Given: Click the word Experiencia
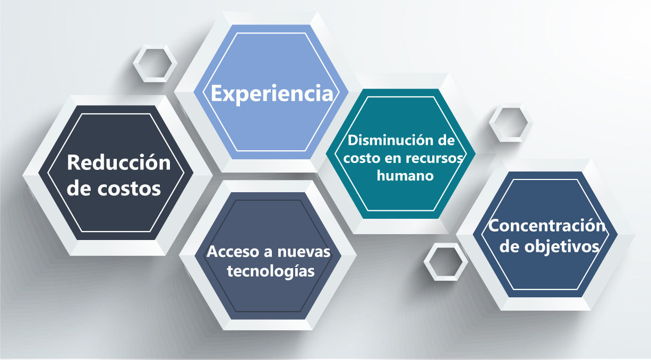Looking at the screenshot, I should tap(272, 93).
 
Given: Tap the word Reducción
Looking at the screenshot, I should tap(119, 162).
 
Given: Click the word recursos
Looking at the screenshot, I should tap(439, 158).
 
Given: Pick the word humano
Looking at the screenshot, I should tap(405, 176).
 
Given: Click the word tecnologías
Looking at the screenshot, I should tap(271, 271).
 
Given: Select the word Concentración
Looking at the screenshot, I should tap(547, 226).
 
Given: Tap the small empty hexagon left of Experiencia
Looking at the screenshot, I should tap(155, 63).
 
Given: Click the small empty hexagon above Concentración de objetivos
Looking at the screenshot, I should tap(511, 123).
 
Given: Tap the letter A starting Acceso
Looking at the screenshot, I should tap(212, 252).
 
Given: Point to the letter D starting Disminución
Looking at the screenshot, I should tap(352, 141).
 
